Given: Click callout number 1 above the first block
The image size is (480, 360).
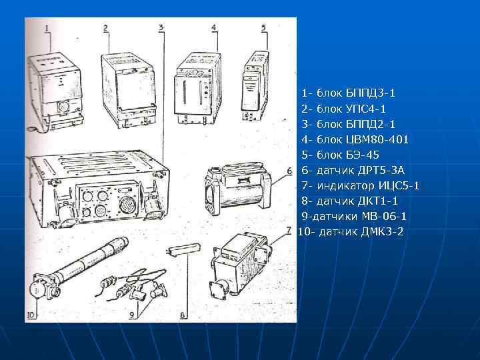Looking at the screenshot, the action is [x=47, y=28].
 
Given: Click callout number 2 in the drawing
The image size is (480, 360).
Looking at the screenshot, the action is [x=106, y=28].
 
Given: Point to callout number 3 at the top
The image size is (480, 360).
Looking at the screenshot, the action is [x=161, y=27].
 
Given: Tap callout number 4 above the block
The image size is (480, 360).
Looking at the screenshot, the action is [x=214, y=27].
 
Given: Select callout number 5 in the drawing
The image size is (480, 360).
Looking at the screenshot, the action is [x=264, y=27].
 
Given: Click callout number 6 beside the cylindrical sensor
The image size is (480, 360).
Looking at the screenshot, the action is [x=289, y=171].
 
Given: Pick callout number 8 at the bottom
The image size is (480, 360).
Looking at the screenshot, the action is [x=183, y=315].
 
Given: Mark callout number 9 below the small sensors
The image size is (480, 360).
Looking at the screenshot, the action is [x=132, y=315].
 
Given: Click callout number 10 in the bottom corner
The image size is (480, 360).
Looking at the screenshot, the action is [x=31, y=315].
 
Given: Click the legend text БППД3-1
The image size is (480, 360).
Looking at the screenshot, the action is [x=371, y=93].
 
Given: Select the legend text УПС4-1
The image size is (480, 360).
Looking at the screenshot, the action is [x=366, y=109].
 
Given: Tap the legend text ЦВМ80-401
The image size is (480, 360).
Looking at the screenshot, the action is [x=377, y=139].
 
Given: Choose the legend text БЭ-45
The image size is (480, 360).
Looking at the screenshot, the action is [x=363, y=155].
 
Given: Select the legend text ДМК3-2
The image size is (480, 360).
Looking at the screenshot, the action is [x=383, y=232].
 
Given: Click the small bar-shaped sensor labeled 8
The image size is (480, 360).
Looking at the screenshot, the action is [x=184, y=249].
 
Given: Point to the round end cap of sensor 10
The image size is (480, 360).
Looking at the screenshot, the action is [x=37, y=289].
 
